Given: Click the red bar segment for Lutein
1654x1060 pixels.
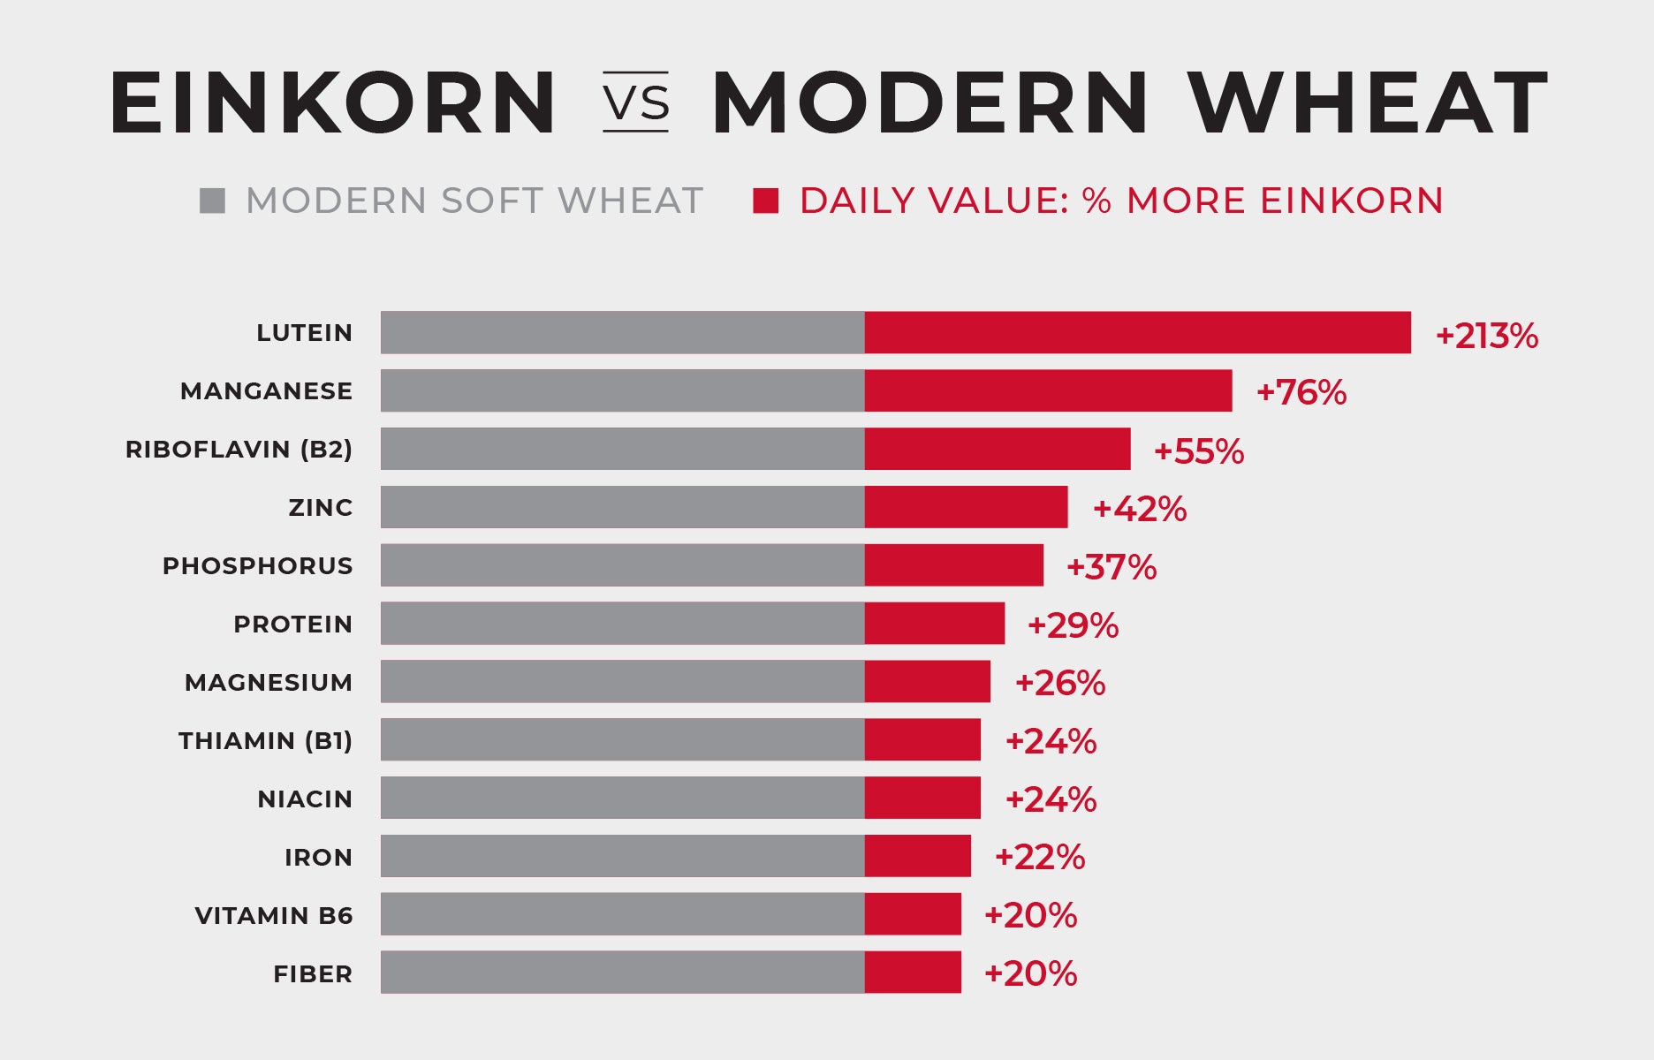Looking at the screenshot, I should click(1137, 333).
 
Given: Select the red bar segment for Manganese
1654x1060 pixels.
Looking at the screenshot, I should click(1048, 390).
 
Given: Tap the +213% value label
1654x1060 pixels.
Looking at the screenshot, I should click(1487, 336).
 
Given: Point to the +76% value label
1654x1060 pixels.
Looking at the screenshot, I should click(1301, 392).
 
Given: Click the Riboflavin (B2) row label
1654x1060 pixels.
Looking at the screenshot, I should click(239, 450).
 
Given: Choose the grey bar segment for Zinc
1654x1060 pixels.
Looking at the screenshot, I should click(622, 507).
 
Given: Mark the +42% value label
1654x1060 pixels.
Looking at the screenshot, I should click(1140, 509).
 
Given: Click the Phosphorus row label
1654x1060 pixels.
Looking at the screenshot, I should click(257, 566).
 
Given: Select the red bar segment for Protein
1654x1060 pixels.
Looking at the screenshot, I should click(934, 624).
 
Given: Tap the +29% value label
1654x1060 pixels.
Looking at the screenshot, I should click(1073, 625).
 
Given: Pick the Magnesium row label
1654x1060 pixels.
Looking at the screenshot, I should click(268, 683).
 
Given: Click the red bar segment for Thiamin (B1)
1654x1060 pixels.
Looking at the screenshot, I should click(922, 739).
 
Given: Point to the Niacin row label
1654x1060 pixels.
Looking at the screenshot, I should click(305, 799).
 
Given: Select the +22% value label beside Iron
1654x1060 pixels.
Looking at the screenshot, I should click(1040, 857).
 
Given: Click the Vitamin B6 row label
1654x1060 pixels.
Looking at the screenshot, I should click(274, 916).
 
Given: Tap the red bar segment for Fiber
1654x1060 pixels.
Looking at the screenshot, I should click(913, 973).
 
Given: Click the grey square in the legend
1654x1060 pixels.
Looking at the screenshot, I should click(212, 201).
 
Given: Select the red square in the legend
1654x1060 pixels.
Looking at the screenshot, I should click(765, 201).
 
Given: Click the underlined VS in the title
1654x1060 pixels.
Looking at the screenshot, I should click(635, 103).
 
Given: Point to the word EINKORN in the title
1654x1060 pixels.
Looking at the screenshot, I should click(332, 103).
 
